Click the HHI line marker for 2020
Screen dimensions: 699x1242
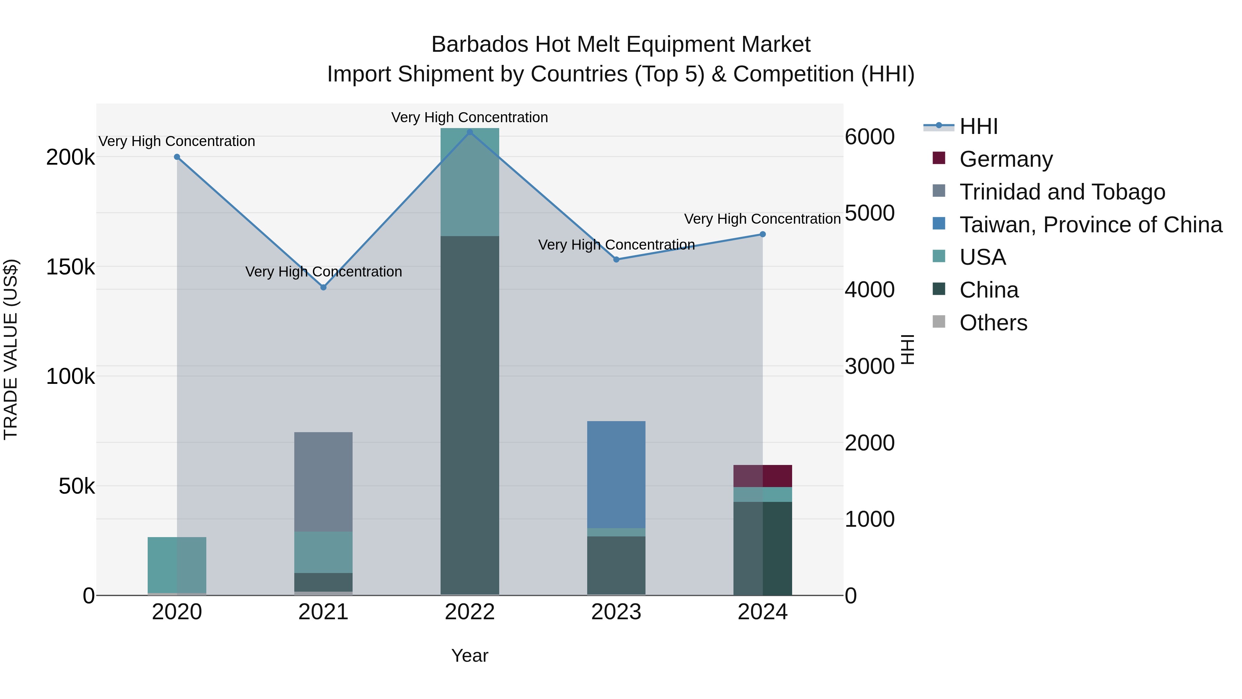pos(177,157)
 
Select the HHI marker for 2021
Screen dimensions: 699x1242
pos(324,287)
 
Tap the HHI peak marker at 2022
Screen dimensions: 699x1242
pos(470,132)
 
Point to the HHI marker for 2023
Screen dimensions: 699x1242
pos(616,260)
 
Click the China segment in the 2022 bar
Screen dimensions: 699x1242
pos(470,415)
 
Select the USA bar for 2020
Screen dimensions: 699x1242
pos(177,564)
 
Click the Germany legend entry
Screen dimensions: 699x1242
pos(1006,159)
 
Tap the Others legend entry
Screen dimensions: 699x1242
pos(993,323)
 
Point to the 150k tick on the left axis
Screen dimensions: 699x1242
pos(70,267)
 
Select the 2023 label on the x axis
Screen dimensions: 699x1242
pos(616,612)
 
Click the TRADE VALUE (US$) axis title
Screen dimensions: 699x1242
pos(11,349)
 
